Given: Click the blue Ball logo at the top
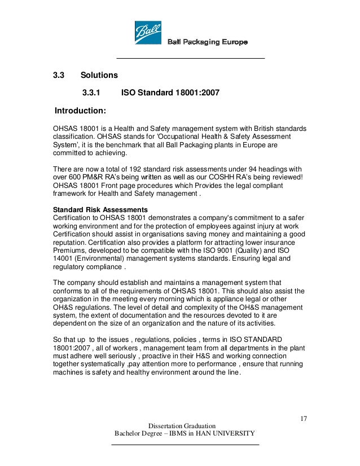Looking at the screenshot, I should point(148,32).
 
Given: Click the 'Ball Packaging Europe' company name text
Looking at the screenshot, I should point(207,42).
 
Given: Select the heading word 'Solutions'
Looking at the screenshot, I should point(99,75).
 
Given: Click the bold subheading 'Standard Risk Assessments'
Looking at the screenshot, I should point(100,210).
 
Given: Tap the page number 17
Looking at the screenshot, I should point(303,418).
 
